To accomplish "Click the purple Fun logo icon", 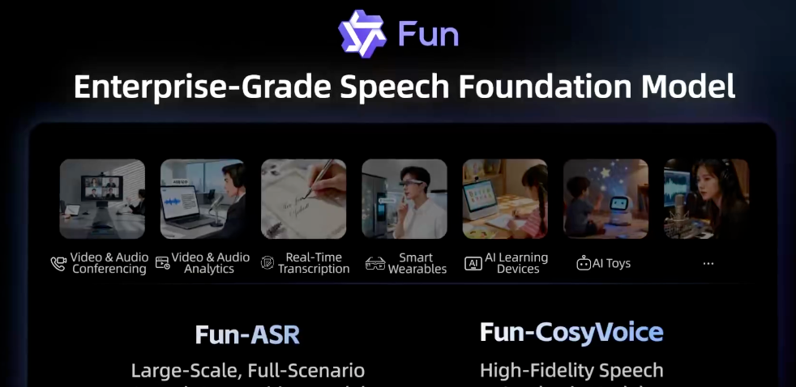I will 362,33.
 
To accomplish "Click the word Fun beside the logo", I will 428,35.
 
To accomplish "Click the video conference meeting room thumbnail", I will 102,199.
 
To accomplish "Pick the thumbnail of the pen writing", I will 303,199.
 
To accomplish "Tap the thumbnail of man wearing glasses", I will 404,199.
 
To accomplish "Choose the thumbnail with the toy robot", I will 606,199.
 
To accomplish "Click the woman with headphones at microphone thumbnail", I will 706,199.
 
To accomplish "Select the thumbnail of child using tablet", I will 505,199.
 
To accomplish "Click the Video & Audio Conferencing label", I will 109,263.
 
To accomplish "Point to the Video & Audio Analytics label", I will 209,263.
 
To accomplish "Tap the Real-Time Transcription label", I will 313,263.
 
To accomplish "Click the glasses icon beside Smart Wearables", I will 374,264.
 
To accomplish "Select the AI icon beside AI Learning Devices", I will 473,264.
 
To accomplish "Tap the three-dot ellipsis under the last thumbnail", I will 708,263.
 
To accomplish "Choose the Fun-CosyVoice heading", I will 571,332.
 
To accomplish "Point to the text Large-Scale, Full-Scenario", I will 248,371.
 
